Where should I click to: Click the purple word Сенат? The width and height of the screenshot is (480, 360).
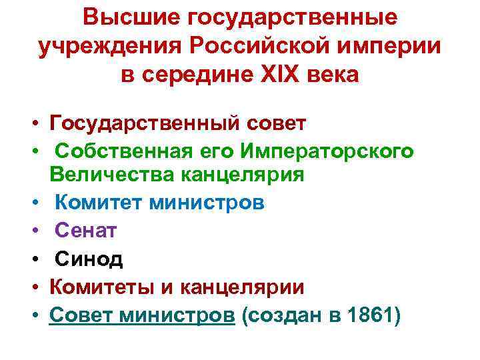pos(85,230)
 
